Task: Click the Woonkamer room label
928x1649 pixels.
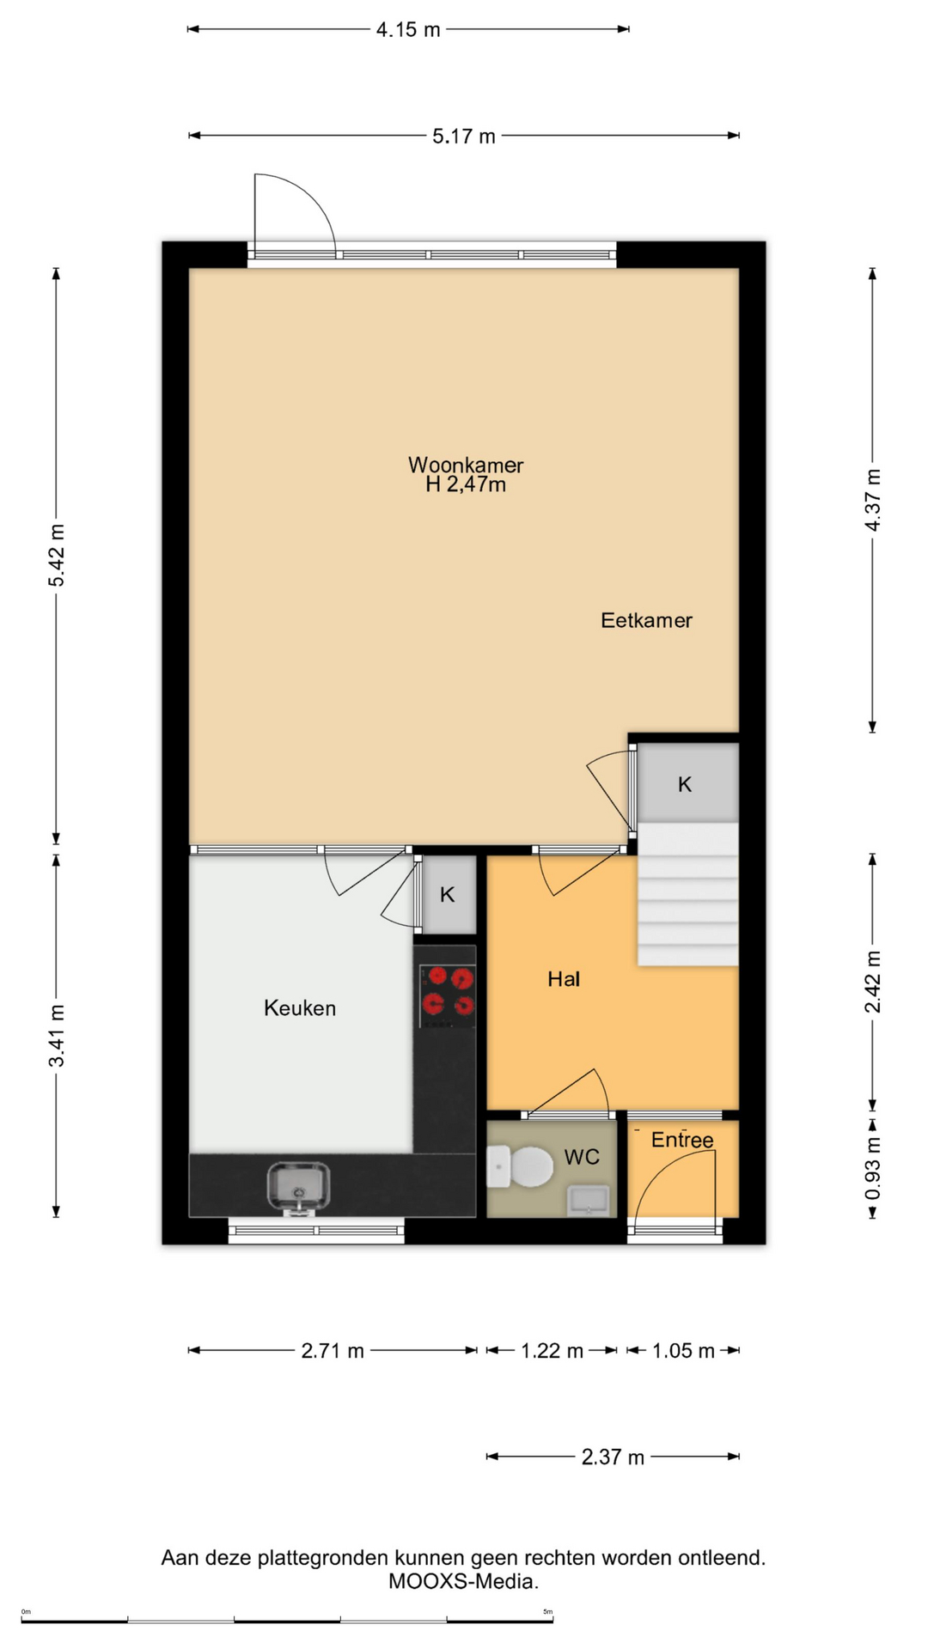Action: (465, 465)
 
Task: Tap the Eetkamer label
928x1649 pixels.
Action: (646, 620)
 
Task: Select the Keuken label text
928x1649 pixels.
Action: (300, 1007)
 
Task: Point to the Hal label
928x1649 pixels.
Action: (564, 978)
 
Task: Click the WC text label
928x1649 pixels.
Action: (582, 1157)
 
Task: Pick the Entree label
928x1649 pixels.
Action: (682, 1140)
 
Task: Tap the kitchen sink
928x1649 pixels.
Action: (298, 1187)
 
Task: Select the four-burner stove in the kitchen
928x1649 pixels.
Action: (447, 996)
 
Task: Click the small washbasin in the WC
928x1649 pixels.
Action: (589, 1200)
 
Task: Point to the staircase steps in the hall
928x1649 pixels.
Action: (687, 894)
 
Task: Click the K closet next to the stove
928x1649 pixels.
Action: (448, 894)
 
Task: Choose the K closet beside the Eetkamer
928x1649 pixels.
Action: (686, 783)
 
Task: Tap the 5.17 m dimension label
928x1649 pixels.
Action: (464, 136)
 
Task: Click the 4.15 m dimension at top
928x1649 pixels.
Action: (408, 29)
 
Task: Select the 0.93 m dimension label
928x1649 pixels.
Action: (872, 1168)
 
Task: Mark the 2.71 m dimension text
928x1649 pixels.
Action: (333, 1351)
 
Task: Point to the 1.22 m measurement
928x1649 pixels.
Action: (552, 1351)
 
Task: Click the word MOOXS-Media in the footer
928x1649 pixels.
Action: (463, 1581)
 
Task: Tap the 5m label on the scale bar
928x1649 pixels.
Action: (547, 1612)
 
